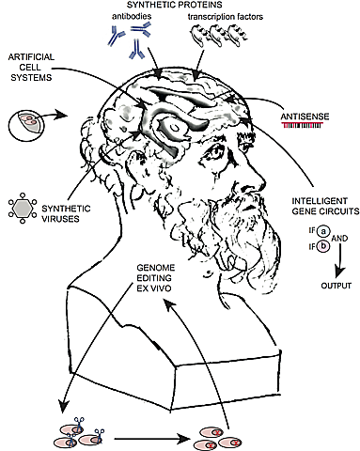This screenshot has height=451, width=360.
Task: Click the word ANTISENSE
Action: click(x=304, y=117)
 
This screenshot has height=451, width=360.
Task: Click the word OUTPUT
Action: click(x=322, y=286)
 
